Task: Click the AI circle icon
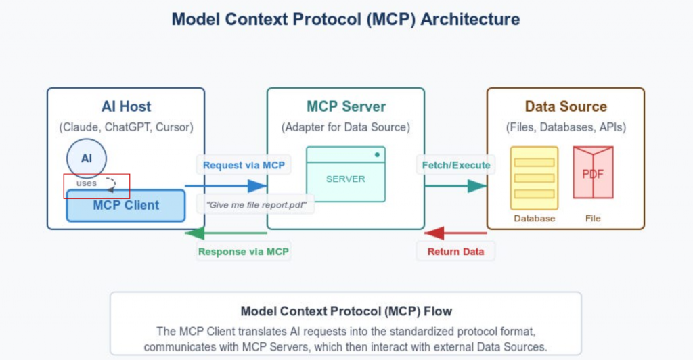[x=87, y=159]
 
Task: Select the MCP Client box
[x=126, y=206]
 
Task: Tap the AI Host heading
[x=126, y=106]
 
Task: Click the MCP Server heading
[x=345, y=106]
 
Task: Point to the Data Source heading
[x=566, y=106]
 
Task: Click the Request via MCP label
[x=244, y=164]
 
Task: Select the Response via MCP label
[x=244, y=252]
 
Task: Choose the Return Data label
[x=455, y=252]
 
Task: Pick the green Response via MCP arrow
[x=226, y=233]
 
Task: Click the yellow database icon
[x=535, y=177]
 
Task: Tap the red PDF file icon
[x=593, y=173]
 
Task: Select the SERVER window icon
[x=345, y=174]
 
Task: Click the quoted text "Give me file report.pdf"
[x=256, y=204]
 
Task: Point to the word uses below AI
[x=87, y=183]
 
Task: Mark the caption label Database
[x=535, y=219]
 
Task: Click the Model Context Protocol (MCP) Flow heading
[x=346, y=312]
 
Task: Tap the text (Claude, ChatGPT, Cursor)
[x=126, y=127]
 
